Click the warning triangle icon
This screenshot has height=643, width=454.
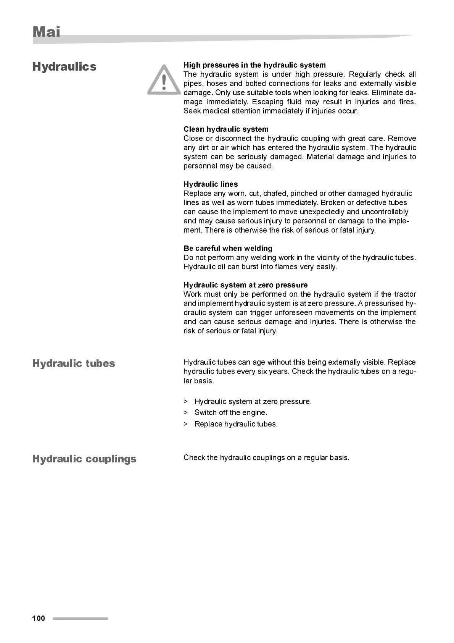pos(164,80)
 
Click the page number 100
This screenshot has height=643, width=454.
pos(39,618)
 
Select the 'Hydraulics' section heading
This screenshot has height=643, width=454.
pos(64,66)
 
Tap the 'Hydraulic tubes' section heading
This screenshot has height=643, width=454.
pos(74,363)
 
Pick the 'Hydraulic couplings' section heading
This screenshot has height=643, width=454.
pos(84,459)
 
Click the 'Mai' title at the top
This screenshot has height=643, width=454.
pos(46,32)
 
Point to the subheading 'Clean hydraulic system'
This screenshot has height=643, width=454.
pos(226,129)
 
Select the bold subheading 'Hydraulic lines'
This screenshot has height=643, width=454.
pos(211,184)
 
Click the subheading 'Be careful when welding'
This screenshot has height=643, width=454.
pos(228,248)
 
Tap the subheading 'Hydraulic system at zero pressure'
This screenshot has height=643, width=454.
pos(245,285)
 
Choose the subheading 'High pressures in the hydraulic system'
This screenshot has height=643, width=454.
pos(254,65)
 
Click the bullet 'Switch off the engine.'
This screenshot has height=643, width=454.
pos(230,412)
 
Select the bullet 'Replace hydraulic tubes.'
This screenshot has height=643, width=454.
pos(236,424)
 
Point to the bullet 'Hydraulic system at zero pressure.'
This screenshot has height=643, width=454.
pos(253,401)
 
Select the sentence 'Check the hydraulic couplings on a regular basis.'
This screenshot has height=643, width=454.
pos(266,457)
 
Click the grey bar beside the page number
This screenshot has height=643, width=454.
pos(80,618)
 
